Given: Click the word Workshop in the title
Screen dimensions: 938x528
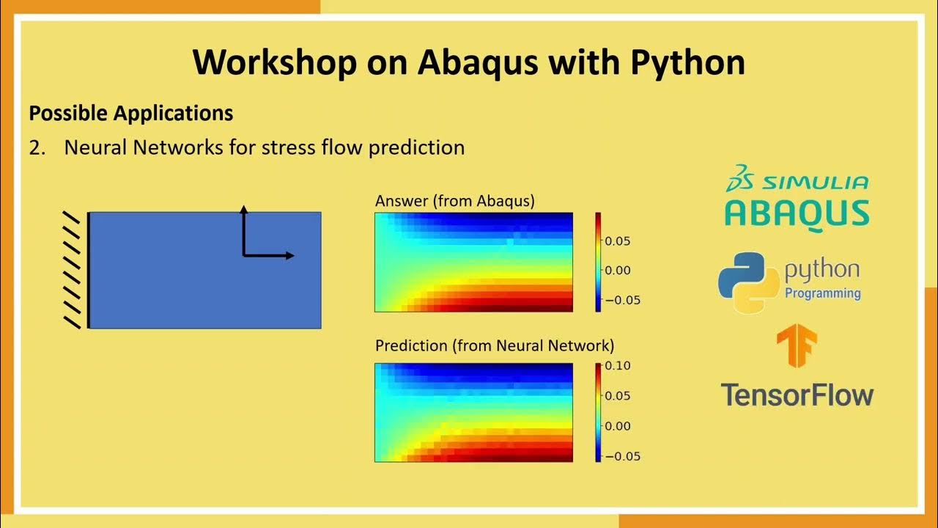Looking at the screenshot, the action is coord(275,62).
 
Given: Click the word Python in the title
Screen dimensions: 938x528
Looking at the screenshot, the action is coord(687,63).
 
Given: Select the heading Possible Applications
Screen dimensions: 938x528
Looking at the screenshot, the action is coord(131,114).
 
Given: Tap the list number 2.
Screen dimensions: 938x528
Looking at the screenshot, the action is coord(37,148).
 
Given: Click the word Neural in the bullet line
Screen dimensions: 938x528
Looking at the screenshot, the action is coord(95,147).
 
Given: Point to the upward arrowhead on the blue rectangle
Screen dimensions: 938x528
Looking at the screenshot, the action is coord(244,210).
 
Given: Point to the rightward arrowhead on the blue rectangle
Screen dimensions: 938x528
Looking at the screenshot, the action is coord(290,255).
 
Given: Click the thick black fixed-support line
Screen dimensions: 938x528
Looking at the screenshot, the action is coord(89,271).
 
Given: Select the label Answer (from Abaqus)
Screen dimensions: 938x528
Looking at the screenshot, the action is coord(455,201).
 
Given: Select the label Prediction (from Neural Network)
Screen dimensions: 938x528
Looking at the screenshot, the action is coord(495,345).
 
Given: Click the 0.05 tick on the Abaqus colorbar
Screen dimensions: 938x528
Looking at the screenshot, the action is coord(618,241).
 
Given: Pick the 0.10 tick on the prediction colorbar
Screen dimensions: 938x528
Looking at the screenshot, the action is coord(618,366).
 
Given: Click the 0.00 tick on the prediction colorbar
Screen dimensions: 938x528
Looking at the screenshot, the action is coord(618,426).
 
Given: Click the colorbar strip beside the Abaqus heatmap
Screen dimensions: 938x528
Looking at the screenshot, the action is coord(598,263).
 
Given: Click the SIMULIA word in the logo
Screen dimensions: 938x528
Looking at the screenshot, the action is coord(816,183).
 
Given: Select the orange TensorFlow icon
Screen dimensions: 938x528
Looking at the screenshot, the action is coord(797,345).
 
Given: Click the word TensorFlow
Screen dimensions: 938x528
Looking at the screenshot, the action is coord(797,395).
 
